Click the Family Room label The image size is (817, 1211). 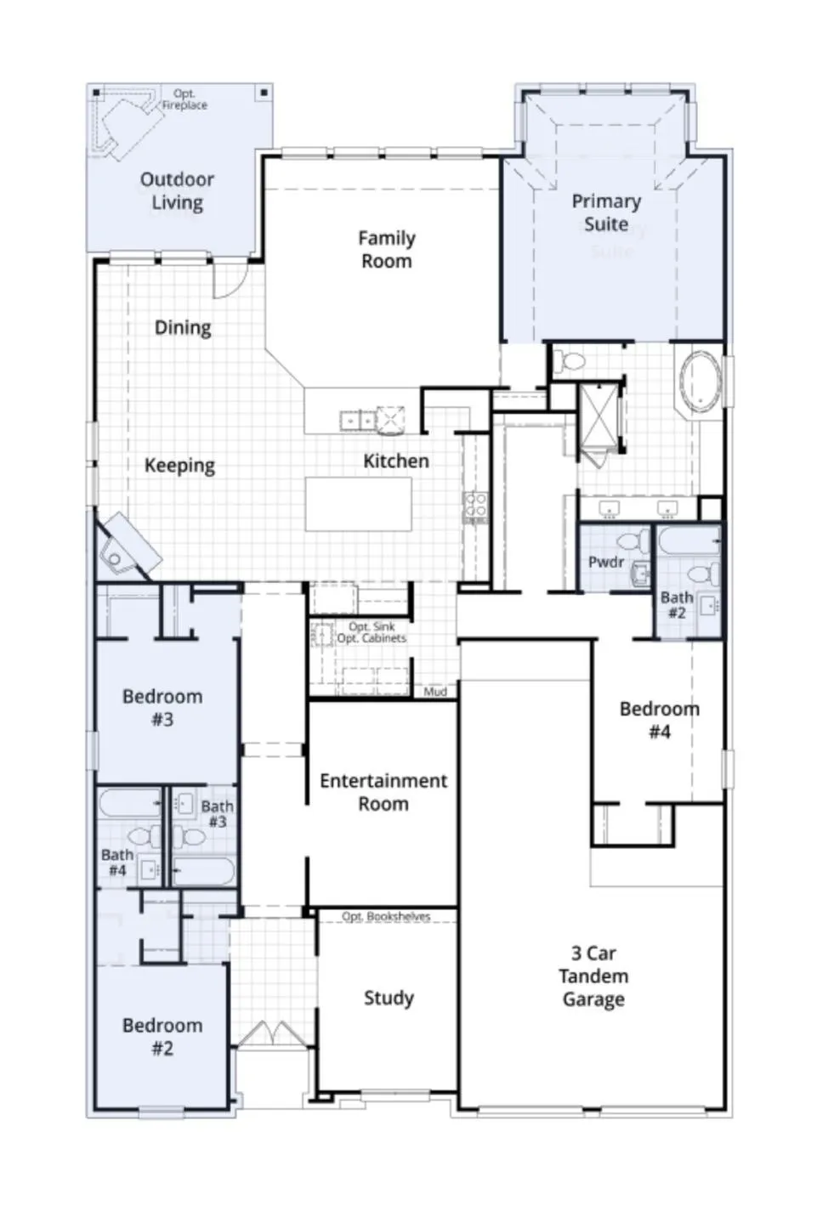387,250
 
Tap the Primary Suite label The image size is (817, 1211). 606,212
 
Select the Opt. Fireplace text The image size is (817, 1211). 184,99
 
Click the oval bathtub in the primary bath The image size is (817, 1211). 701,382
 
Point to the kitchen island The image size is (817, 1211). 359,504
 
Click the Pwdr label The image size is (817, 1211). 606,562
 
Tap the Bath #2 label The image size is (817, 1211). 677,605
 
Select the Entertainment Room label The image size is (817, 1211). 383,792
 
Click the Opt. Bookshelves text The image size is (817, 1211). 386,916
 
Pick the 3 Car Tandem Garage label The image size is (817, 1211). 593,976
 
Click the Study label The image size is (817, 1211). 389,998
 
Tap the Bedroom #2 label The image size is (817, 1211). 162,1037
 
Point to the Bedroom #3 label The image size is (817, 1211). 162,708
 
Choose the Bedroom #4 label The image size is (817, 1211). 659,720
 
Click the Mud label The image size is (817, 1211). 435,692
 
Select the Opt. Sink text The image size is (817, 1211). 372,626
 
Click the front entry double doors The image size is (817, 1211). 270,1034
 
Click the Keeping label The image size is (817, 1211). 179,465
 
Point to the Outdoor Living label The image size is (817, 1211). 177,190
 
